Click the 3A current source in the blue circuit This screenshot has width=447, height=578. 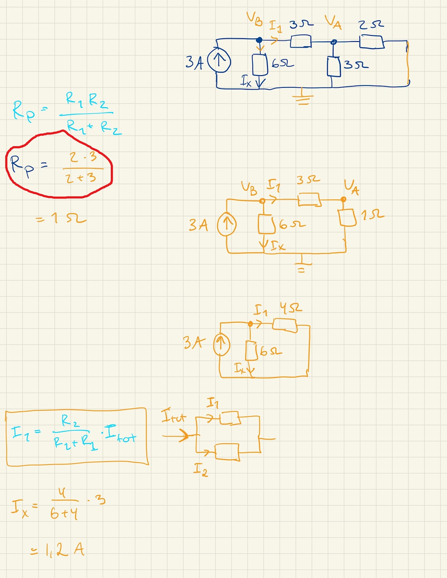(x=219, y=60)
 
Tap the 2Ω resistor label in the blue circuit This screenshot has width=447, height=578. (x=371, y=25)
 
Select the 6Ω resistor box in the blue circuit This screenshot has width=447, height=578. (x=260, y=64)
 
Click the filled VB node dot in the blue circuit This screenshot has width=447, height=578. (x=259, y=40)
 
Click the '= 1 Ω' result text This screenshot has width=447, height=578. (x=61, y=218)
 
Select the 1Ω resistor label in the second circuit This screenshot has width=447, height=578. (x=372, y=215)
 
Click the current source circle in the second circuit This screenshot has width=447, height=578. (x=227, y=224)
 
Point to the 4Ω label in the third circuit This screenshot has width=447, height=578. (x=291, y=308)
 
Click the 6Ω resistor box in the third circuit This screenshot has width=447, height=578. (x=252, y=350)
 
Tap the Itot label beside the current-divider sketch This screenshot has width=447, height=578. (x=173, y=416)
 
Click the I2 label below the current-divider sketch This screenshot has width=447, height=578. (x=201, y=470)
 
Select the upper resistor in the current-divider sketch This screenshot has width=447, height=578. (x=230, y=418)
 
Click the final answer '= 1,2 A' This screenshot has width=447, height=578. (x=58, y=550)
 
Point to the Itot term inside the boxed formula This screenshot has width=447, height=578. (x=120, y=435)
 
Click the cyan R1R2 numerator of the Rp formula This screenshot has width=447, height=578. (x=87, y=100)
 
